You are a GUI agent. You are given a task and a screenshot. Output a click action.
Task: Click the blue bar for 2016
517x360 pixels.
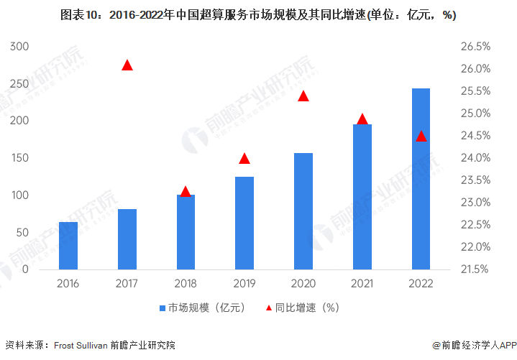[x=68, y=246]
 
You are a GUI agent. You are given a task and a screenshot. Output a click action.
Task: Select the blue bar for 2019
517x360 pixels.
[x=244, y=223]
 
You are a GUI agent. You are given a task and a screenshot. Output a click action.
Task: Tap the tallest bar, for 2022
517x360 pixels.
[x=421, y=179]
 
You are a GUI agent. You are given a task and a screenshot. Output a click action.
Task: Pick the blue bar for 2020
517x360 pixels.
[x=303, y=211]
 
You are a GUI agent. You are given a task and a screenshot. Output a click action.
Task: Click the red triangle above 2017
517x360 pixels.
[x=127, y=65]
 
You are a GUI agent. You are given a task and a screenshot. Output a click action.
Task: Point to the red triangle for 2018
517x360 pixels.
[x=186, y=192]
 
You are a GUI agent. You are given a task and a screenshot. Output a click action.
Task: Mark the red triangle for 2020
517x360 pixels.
[x=303, y=96]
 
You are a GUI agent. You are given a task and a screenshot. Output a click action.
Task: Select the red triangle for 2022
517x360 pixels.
[x=421, y=137]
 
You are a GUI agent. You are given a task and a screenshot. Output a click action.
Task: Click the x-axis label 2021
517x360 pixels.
[x=362, y=283]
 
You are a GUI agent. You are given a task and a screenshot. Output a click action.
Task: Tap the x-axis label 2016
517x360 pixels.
[x=68, y=283]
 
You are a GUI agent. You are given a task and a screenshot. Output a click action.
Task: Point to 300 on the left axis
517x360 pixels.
[x=19, y=47]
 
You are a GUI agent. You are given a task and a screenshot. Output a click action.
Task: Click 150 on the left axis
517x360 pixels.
[x=19, y=158]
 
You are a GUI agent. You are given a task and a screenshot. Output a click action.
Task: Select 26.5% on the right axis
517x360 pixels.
[x=475, y=47]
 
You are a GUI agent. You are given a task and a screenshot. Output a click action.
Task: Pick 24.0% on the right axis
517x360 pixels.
[x=475, y=158]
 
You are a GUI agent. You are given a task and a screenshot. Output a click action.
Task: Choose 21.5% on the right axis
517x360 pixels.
[x=475, y=269]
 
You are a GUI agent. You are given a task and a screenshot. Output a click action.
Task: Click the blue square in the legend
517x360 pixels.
[x=163, y=308]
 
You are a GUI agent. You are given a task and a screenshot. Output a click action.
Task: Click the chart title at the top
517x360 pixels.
[x=258, y=14]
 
